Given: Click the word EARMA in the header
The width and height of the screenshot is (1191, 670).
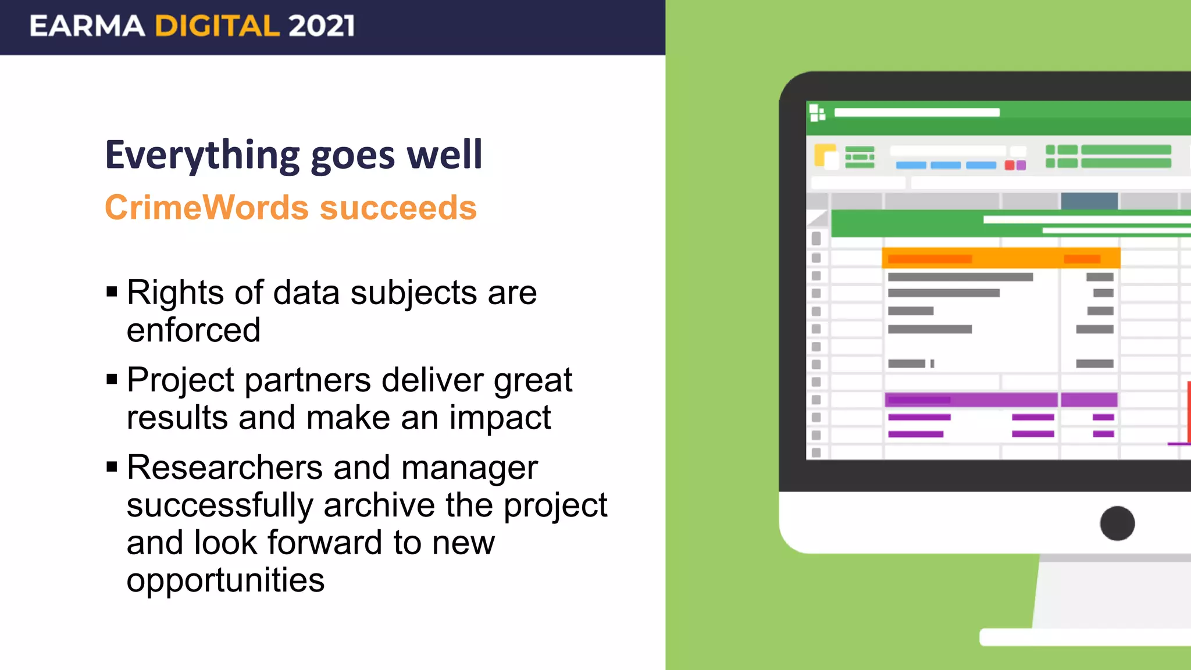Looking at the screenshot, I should [x=87, y=26].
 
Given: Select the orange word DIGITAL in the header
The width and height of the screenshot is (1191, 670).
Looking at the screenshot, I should [x=217, y=26].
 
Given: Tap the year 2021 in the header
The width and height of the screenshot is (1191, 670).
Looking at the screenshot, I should [x=321, y=26].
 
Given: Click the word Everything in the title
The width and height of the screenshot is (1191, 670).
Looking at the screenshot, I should [x=202, y=155].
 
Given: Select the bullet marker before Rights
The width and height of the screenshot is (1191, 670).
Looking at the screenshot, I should [x=112, y=291].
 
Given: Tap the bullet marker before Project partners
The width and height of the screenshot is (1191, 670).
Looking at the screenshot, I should [x=112, y=379].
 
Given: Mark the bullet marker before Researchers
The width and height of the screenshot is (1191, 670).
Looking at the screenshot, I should [x=112, y=466].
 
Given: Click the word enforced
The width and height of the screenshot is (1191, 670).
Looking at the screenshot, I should [x=193, y=330].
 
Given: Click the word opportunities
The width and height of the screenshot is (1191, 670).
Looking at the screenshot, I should [x=226, y=580].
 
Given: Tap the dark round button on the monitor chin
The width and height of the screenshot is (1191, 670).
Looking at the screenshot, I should [x=1117, y=523].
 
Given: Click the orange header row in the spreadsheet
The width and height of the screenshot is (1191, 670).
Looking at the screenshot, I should [x=1000, y=258].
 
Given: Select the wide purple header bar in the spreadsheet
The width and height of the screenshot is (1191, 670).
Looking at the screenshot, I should [x=971, y=400].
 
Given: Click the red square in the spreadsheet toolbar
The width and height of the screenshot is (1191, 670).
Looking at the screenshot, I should [x=1010, y=165].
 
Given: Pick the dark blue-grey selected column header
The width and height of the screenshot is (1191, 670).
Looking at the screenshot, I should [x=1089, y=201].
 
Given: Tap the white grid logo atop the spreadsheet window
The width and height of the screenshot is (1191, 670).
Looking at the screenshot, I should [x=817, y=112].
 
